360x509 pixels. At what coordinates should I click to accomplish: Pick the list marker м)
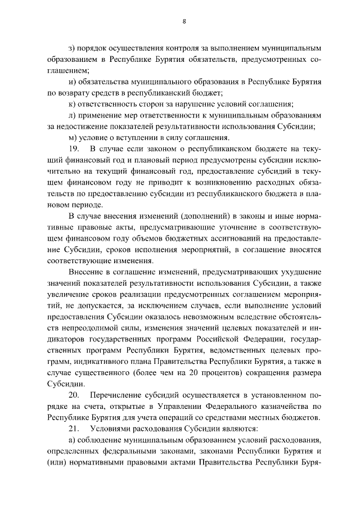[x=71, y=137]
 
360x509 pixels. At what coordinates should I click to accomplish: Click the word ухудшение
[x=300, y=272]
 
